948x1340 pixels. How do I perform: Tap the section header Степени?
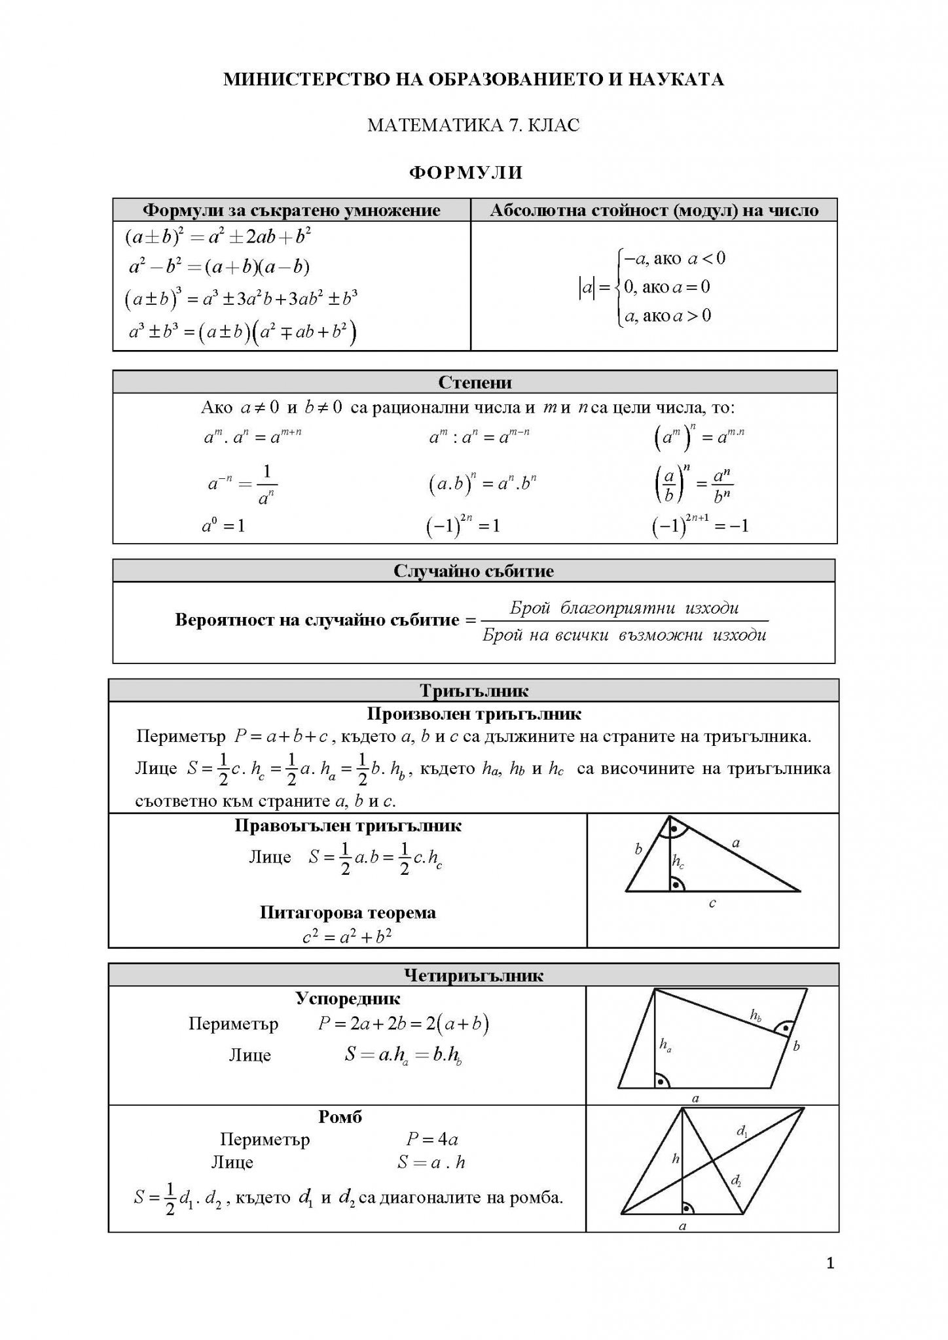pyautogui.click(x=475, y=382)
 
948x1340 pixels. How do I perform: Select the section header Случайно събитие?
pyautogui.click(x=473, y=571)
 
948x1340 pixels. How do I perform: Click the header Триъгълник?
pyautogui.click(x=474, y=691)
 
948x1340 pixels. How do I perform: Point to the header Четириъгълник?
pyautogui.click(x=474, y=976)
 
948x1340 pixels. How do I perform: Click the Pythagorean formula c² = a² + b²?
pyautogui.click(x=347, y=936)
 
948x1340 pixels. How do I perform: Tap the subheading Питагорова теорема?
pyautogui.click(x=348, y=912)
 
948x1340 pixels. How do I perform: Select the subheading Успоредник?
pyautogui.click(x=347, y=998)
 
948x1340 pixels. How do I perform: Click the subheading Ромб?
pyautogui.click(x=340, y=1117)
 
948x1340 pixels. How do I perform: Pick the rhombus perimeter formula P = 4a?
pyautogui.click(x=431, y=1139)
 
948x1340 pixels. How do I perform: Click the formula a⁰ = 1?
pyautogui.click(x=223, y=525)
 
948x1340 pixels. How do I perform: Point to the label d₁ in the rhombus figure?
pyautogui.click(x=742, y=1130)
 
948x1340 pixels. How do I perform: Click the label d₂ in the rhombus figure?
pyautogui.click(x=736, y=1181)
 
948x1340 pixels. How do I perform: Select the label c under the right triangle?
pyautogui.click(x=712, y=904)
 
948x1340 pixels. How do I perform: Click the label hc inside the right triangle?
pyautogui.click(x=678, y=863)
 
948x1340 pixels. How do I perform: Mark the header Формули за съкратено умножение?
pyautogui.click(x=291, y=210)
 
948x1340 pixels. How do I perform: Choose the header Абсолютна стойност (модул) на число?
pyautogui.click(x=654, y=210)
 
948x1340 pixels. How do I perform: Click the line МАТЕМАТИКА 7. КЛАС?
pyautogui.click(x=473, y=124)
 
